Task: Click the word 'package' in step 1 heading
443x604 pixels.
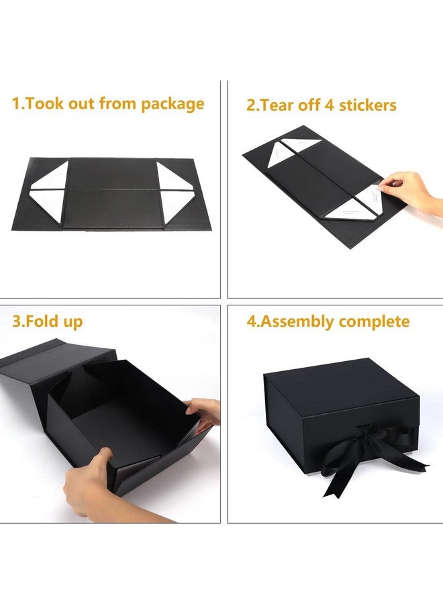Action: pyautogui.click(x=173, y=104)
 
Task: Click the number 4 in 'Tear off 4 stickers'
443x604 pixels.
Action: pyautogui.click(x=329, y=105)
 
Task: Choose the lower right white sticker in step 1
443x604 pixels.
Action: pyautogui.click(x=177, y=206)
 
